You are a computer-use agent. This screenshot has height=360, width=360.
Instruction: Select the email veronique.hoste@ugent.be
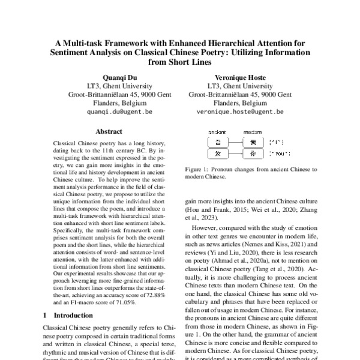[x=240, y=112]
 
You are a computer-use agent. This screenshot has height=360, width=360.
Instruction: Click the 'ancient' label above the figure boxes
[x=217, y=131]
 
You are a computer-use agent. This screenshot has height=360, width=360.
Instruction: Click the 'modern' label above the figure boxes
[x=253, y=131]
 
